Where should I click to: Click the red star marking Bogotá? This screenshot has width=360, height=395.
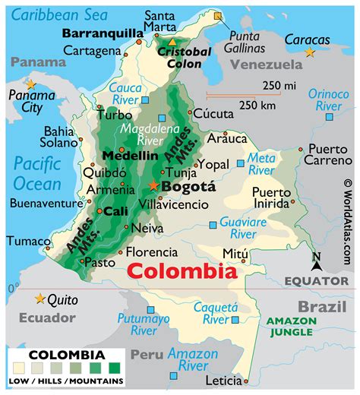click(x=155, y=186)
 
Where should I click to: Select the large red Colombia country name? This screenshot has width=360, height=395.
click(x=181, y=271)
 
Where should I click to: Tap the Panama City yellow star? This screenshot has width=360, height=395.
click(x=30, y=84)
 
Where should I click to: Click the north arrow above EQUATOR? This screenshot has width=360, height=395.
click(x=317, y=263)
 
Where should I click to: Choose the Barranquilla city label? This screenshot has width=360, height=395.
click(x=102, y=33)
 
